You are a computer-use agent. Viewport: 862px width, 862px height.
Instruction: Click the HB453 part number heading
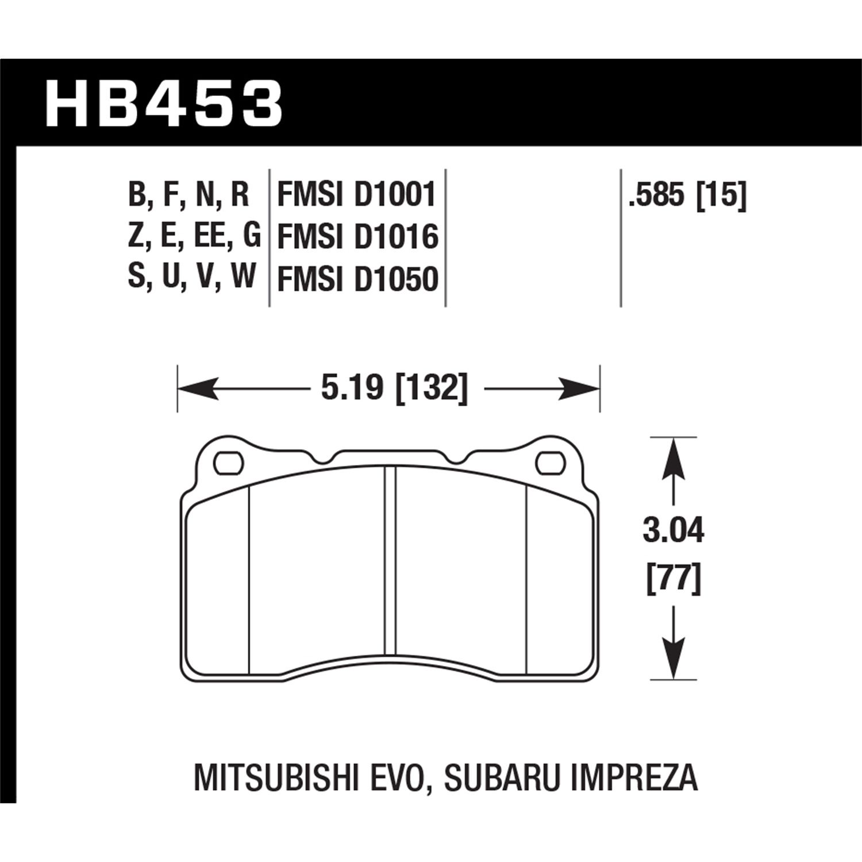pos(163,105)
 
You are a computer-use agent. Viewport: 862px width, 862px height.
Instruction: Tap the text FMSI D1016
pos(357,237)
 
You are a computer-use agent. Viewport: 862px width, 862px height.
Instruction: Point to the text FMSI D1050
pos(357,279)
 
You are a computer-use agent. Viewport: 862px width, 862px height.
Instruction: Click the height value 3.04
pos(673,531)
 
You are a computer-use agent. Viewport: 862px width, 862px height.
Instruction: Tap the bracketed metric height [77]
pos(673,579)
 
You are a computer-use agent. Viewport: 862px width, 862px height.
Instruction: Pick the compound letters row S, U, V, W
pos(191,278)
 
